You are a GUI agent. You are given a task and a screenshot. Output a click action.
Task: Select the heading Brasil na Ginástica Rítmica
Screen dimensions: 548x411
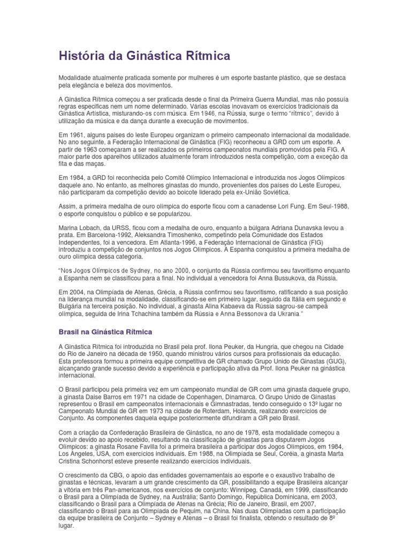coord(105,332)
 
